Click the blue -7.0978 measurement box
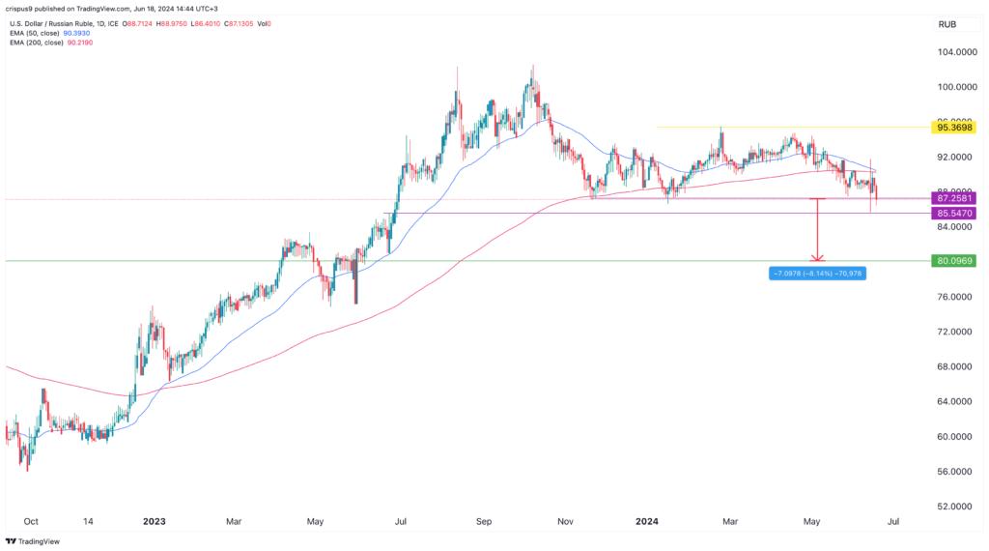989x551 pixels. click(x=816, y=274)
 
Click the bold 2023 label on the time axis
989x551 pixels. click(x=154, y=521)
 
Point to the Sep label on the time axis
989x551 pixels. click(x=484, y=521)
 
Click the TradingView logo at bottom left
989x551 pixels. click(x=33, y=541)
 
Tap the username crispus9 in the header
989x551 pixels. click(x=26, y=7)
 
